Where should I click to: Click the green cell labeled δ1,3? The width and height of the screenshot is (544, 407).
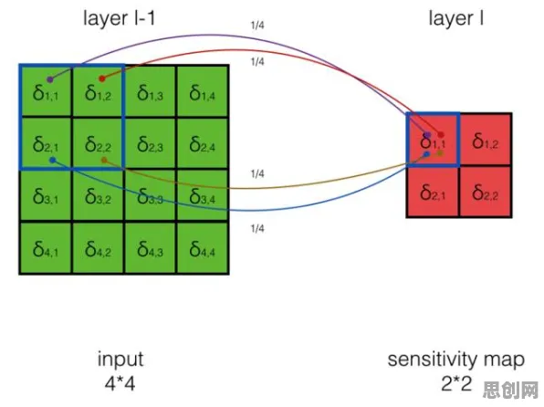151,91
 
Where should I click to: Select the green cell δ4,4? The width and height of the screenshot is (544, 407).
203,247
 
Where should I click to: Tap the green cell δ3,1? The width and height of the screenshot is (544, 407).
46,195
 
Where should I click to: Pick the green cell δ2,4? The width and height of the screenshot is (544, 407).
203,143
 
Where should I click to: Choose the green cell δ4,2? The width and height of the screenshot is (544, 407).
98,247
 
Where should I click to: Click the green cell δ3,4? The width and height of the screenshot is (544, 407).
203,195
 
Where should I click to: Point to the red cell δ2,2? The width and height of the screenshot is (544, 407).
485,192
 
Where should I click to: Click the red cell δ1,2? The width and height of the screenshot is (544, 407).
486,140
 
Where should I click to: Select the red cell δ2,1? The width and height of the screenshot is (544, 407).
433,192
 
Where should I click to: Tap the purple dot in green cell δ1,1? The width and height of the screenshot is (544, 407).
50,79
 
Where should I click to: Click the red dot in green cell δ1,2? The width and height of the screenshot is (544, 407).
102,78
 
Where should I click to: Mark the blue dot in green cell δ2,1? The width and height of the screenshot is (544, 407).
52,160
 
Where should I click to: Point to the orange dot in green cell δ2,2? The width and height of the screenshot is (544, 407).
104,160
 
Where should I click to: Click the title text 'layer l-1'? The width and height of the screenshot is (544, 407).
119,18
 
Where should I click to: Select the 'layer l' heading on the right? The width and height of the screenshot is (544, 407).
455,18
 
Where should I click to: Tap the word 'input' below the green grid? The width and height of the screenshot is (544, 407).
120,359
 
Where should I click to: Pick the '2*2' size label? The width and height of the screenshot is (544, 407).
456,384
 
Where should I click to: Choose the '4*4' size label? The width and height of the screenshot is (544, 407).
120,384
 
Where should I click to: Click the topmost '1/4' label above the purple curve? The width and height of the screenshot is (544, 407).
257,26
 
